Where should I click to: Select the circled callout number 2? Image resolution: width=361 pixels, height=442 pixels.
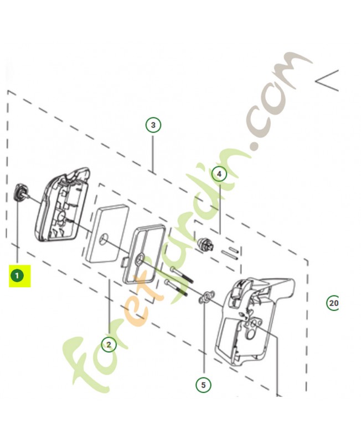[x=109, y=344]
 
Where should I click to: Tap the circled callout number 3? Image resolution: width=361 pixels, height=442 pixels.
[x=153, y=125]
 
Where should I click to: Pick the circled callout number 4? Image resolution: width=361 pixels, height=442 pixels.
[x=219, y=174]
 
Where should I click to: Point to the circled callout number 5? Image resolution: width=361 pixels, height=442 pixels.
[x=203, y=385]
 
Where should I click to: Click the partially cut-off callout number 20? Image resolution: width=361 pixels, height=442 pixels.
[x=333, y=303]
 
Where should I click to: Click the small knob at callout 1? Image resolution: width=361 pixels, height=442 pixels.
[x=20, y=192]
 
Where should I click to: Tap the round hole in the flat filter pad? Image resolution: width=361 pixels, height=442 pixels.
[x=104, y=238]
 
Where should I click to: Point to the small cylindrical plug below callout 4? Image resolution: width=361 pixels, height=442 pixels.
[x=205, y=244]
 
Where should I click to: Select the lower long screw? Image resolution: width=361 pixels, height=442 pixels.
[x=176, y=287]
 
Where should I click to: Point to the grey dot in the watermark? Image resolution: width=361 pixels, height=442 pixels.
[x=256, y=146]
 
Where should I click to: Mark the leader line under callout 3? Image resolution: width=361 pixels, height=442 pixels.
[x=153, y=154]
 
